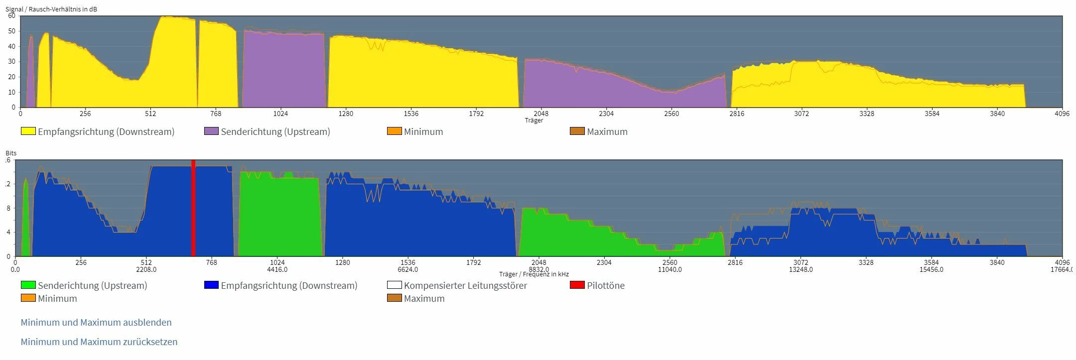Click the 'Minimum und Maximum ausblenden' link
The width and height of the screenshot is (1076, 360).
(96, 323)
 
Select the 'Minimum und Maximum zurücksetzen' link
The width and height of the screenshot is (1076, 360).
(99, 342)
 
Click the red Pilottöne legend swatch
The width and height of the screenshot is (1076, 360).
(577, 285)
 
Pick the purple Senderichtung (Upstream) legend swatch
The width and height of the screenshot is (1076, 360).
(211, 131)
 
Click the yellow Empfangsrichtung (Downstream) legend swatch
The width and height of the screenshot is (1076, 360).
(28, 131)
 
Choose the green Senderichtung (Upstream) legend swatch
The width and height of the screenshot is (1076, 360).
(28, 285)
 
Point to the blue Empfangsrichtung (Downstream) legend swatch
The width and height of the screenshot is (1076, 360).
(211, 285)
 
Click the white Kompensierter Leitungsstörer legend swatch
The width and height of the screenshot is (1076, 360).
(394, 285)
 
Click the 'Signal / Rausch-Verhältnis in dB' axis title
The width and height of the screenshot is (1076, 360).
(51, 9)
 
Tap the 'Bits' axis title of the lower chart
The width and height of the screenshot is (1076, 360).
(11, 153)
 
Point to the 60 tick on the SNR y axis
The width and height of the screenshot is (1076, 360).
(11, 16)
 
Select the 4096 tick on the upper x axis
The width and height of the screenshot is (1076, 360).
(1062, 114)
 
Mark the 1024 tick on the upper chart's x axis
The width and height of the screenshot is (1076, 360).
(280, 114)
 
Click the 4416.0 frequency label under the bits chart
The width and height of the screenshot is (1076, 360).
(277, 270)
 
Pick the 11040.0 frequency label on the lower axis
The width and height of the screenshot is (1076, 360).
(670, 270)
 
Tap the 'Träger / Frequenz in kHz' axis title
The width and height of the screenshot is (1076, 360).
(534, 274)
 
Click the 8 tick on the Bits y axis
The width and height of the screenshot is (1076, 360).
(8, 209)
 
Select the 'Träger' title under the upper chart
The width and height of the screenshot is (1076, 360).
(534, 120)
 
